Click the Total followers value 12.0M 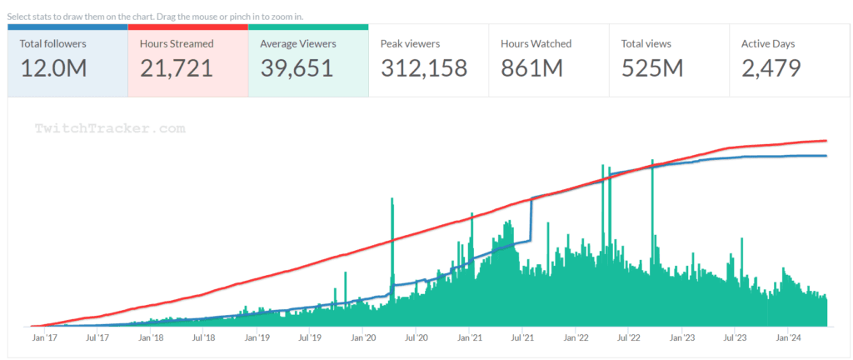[53, 68]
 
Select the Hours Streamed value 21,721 [177, 68]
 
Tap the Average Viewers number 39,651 [297, 68]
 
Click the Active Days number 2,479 [771, 68]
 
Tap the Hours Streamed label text [176, 43]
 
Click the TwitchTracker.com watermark [109, 129]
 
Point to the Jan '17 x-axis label [45, 338]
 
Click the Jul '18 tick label [203, 338]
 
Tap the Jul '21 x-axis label [523, 338]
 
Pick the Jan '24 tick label [790, 338]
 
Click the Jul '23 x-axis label [736, 338]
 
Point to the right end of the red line [826, 141]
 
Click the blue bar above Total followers [67, 27]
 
